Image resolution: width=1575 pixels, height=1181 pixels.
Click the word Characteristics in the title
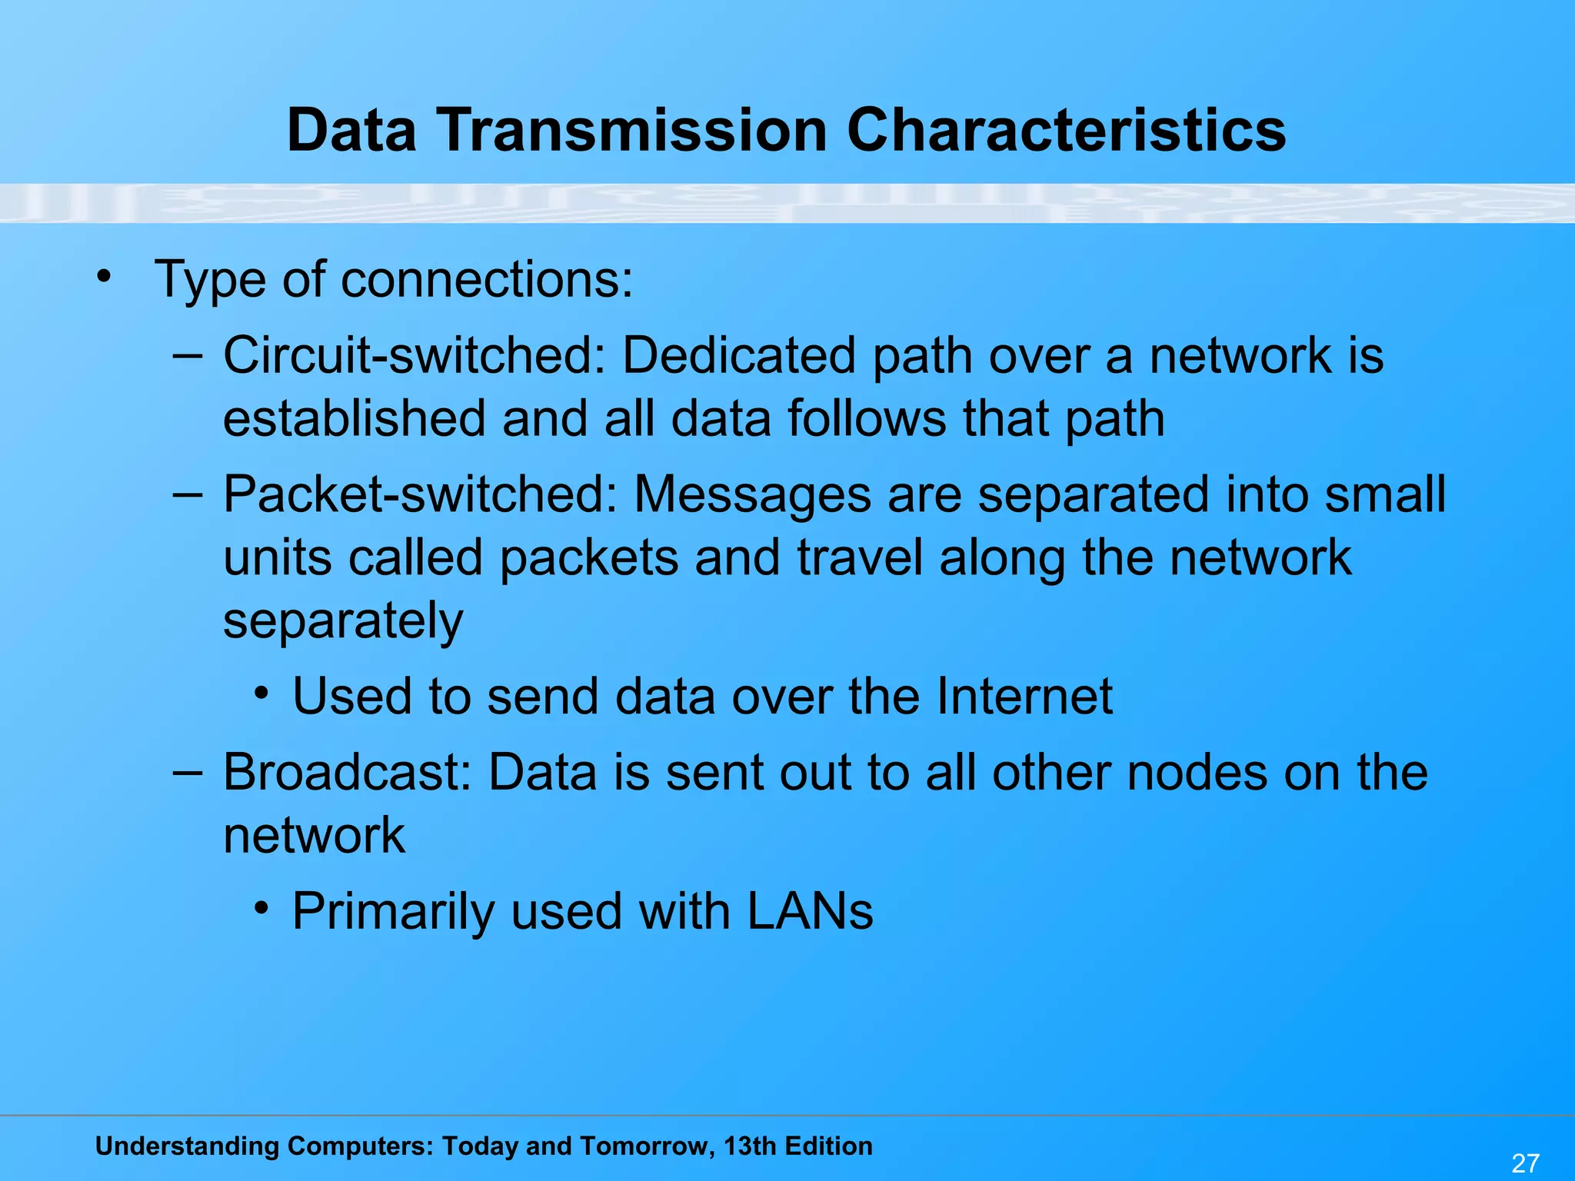[1066, 130]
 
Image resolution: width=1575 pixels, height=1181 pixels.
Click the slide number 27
[1525, 1163]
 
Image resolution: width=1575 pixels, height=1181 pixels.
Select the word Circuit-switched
[415, 355]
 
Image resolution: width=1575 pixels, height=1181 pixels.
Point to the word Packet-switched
[420, 494]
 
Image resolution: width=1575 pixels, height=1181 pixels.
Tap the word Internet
[1024, 696]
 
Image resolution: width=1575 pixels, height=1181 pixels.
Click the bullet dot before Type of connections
[104, 276]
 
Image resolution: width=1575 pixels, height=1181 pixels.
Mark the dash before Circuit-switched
[188, 355]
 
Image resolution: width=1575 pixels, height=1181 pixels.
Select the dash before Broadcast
[188, 771]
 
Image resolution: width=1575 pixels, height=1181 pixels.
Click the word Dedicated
[738, 355]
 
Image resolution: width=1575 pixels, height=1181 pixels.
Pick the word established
[354, 418]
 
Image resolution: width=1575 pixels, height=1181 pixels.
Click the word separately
[343, 621]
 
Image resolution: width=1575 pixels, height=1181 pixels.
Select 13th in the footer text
[751, 1146]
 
